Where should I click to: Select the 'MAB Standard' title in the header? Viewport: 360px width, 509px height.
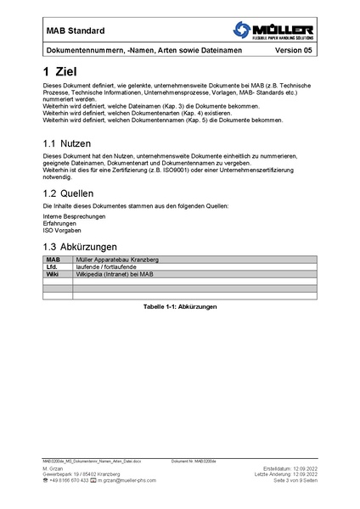[x=76, y=31]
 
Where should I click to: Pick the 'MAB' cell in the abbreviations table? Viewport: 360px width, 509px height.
[x=53, y=260]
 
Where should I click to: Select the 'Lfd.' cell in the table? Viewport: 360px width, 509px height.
[x=53, y=267]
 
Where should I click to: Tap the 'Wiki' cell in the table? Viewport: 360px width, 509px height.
[x=53, y=275]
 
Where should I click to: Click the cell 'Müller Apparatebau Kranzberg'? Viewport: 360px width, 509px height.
[x=117, y=260]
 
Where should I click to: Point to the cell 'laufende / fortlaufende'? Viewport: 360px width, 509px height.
[x=106, y=267]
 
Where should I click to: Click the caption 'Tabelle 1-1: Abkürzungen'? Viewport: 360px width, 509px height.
[x=180, y=305]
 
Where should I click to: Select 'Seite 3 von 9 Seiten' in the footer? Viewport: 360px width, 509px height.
[x=295, y=480]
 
